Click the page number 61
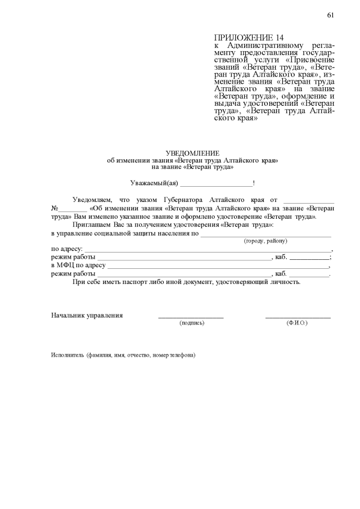coord(331,15)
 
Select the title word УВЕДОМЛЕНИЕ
coord(192,154)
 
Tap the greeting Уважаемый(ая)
coord(154,183)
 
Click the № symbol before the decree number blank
coord(55,208)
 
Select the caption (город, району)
coord(265,241)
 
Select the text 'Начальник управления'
coord(87,316)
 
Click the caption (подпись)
coord(191,323)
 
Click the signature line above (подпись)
coord(191,318)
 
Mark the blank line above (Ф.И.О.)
coord(298,318)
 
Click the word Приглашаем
coord(92,224)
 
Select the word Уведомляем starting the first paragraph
coord(92,200)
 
